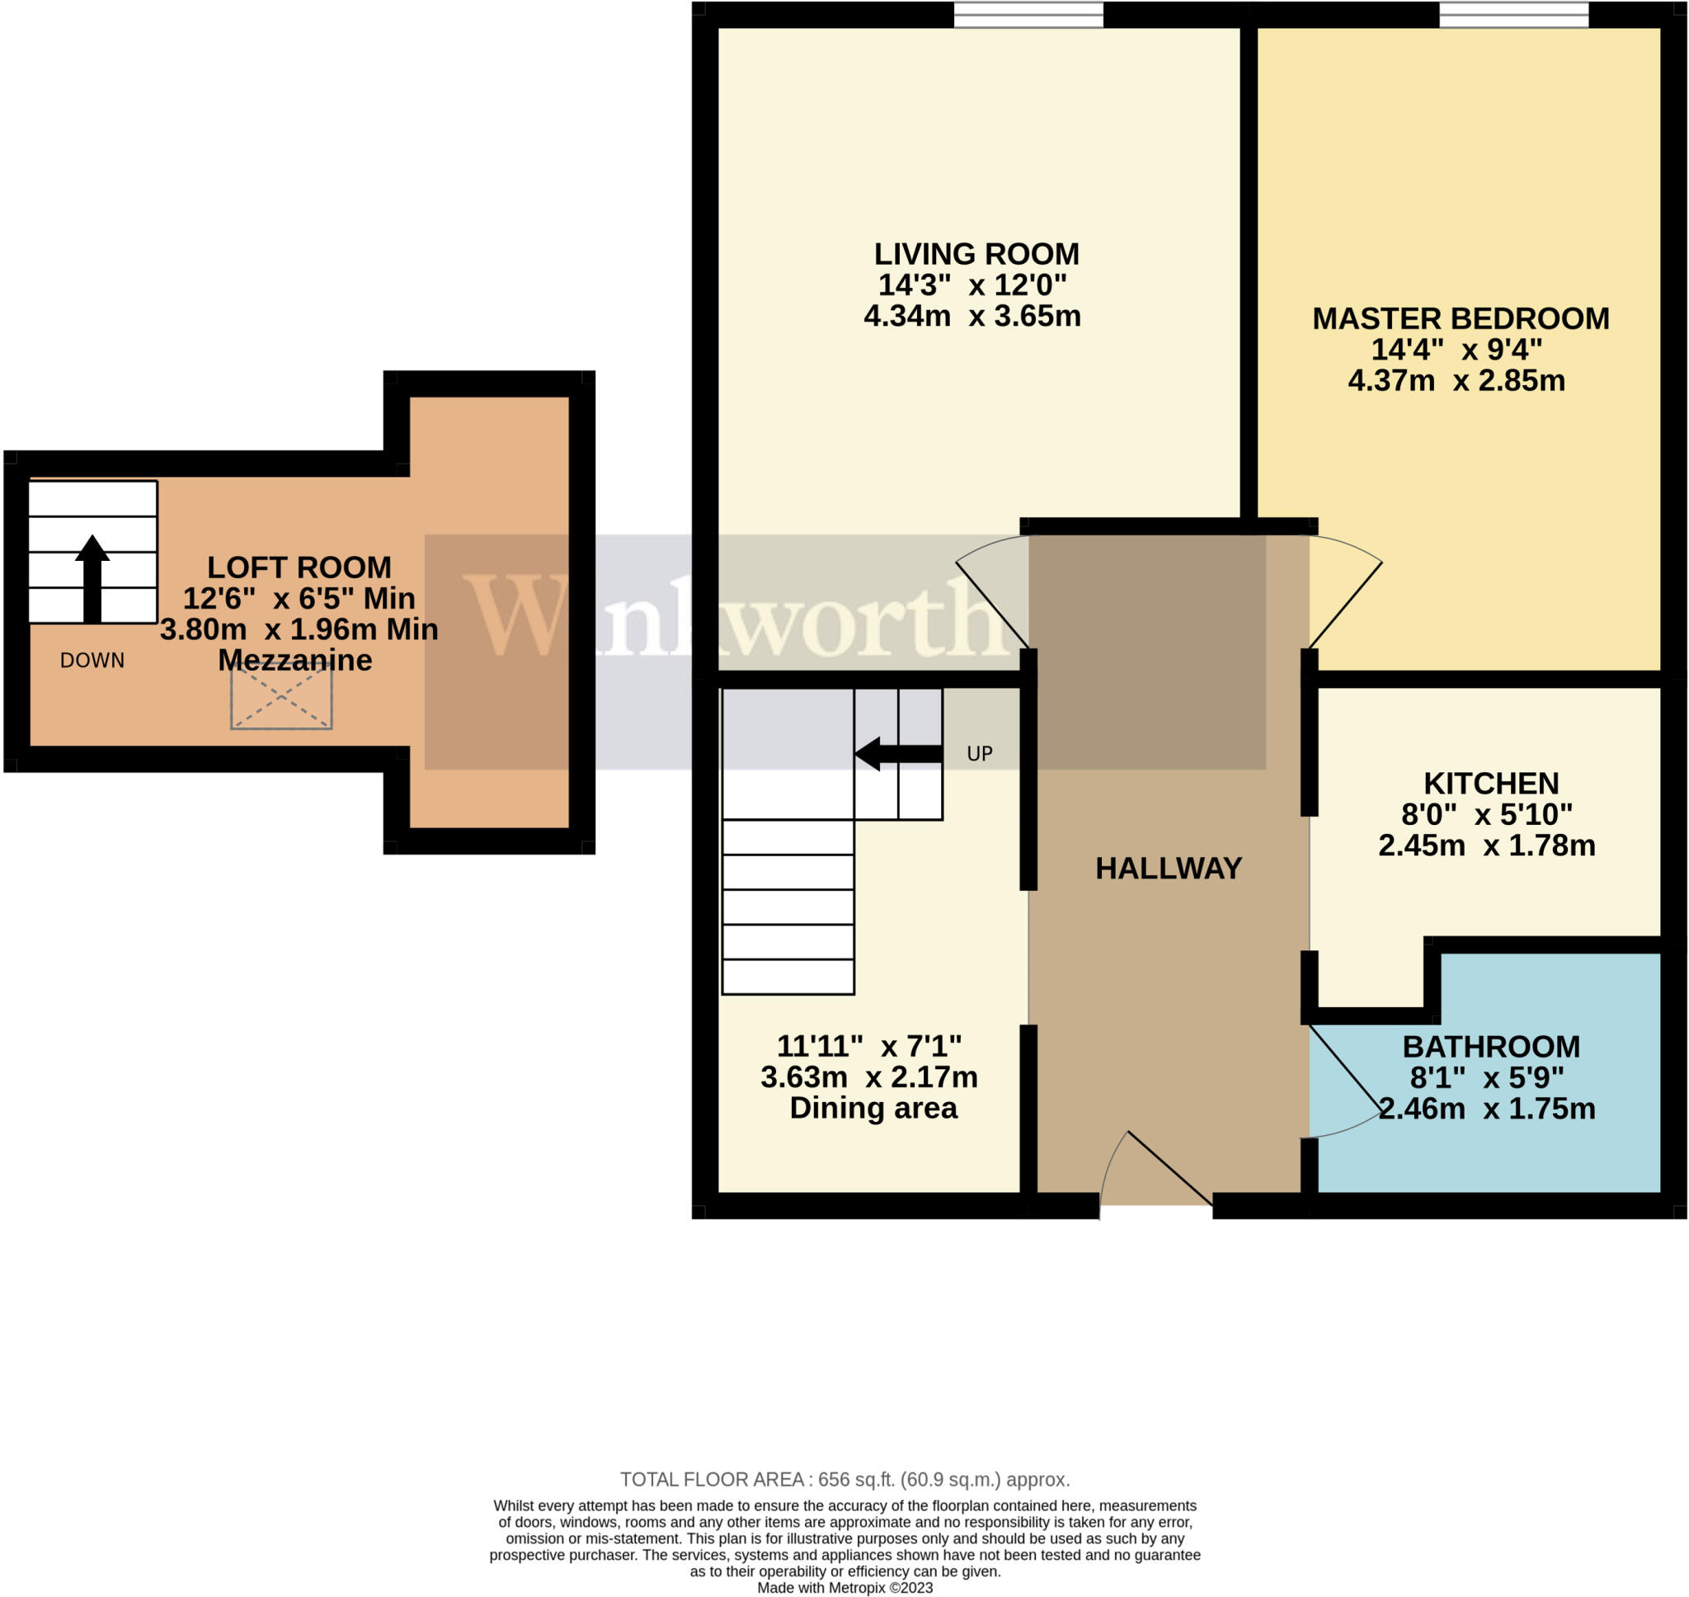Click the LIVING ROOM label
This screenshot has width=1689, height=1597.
point(976,255)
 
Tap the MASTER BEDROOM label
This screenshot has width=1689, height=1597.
point(1460,319)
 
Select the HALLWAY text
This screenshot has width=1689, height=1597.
point(1169,869)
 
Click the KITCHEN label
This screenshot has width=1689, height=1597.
point(1491,783)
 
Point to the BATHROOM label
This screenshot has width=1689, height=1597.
point(1491,1046)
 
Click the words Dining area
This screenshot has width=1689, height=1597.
point(873,1109)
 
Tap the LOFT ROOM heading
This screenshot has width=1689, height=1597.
point(299,568)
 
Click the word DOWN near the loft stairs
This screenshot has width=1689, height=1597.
point(92,661)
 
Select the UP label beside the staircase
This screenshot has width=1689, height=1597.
point(980,753)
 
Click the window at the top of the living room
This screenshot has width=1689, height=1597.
point(1028,15)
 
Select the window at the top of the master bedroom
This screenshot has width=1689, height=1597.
point(1513,15)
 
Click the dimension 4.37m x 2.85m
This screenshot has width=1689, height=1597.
point(1456,380)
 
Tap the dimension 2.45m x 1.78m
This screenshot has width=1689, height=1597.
point(1485,846)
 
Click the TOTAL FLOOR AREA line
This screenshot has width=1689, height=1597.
point(844,1480)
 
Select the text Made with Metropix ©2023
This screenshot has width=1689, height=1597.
point(844,1588)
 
